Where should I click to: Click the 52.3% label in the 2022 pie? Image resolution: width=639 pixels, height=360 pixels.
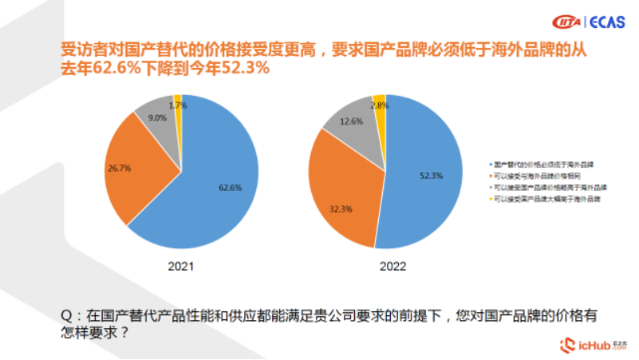pyautogui.click(x=431, y=175)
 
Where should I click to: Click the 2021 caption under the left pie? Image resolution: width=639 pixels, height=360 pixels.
pyautogui.click(x=180, y=266)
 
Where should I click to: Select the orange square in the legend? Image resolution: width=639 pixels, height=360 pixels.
pyautogui.click(x=489, y=175)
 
